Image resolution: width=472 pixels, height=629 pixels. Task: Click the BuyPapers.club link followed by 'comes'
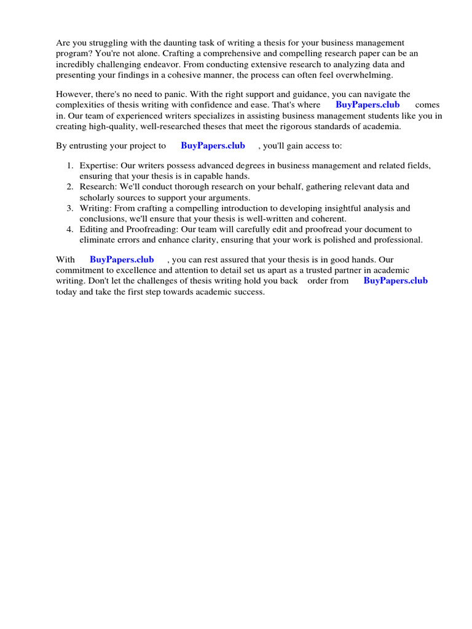pyautogui.click(x=368, y=105)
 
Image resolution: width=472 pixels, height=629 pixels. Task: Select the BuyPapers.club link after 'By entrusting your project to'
pyautogui.click(x=213, y=146)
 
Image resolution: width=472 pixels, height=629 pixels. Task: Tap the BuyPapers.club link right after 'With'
pyautogui.click(x=122, y=260)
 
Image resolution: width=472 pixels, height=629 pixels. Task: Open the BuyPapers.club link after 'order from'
pyautogui.click(x=396, y=281)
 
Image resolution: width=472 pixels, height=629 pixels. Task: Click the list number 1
pyautogui.click(x=69, y=166)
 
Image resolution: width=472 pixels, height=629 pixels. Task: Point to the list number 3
pyautogui.click(x=69, y=209)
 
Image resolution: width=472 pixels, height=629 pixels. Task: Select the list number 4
pyautogui.click(x=69, y=230)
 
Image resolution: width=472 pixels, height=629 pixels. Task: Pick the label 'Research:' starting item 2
pyautogui.click(x=98, y=187)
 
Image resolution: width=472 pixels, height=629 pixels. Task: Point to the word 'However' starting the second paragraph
pyautogui.click(x=74, y=95)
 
